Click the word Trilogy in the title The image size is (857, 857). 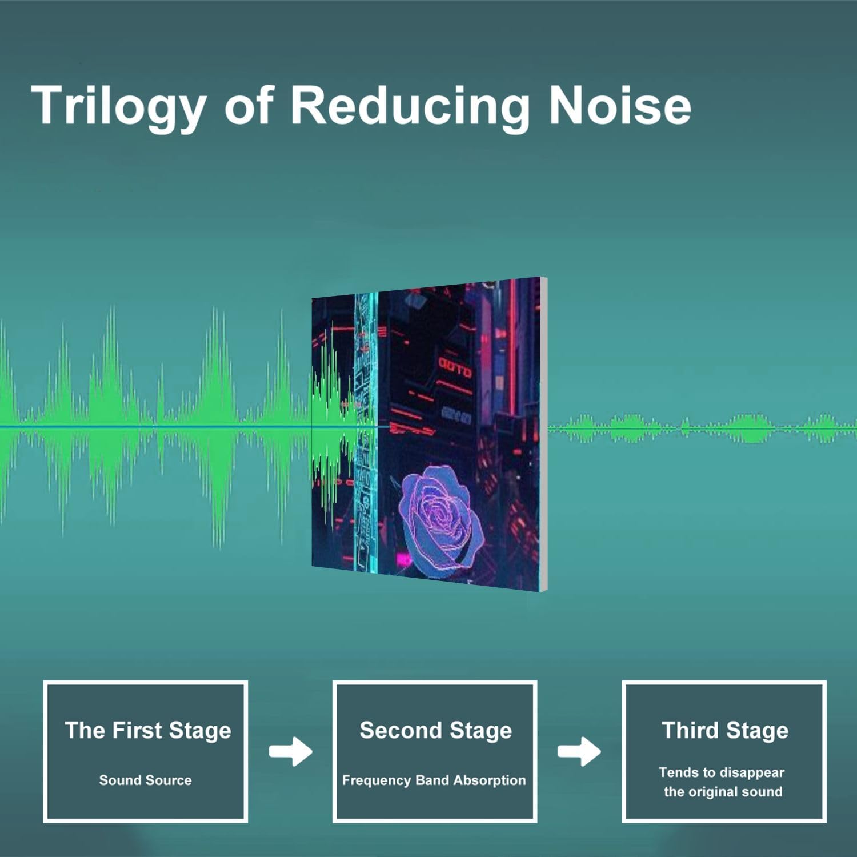click(119, 106)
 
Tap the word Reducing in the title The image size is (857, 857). click(410, 106)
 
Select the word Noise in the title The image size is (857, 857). click(620, 105)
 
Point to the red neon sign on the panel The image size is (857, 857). click(455, 367)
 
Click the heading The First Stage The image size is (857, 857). click(148, 730)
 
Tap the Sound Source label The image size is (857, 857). click(145, 780)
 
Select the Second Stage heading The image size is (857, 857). click(435, 731)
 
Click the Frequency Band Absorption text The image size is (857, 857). click(434, 780)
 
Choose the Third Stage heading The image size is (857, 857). click(725, 730)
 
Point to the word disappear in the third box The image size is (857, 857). click(752, 773)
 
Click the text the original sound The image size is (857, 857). click(723, 792)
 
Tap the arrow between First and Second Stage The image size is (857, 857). click(291, 751)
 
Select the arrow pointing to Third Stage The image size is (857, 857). click(579, 751)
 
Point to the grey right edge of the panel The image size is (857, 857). click(543, 434)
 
